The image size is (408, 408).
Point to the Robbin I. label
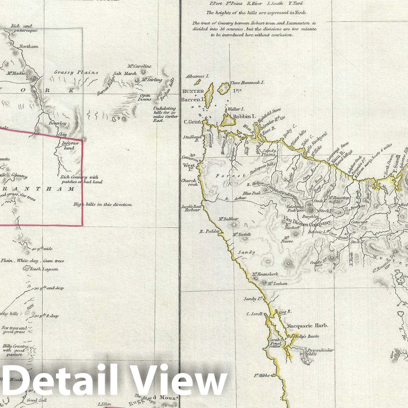coord(243,116)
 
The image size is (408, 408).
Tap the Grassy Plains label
coord(76,73)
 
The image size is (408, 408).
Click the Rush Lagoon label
coord(44,269)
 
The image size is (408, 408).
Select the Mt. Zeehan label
coord(277,283)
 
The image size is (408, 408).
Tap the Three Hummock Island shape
coord(224,87)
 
